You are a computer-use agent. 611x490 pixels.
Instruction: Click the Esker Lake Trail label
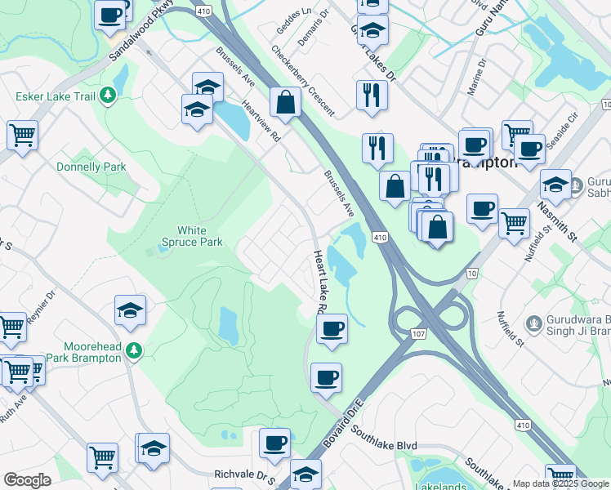[x=54, y=97]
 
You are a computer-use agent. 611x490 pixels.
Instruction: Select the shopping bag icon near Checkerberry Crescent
[x=285, y=104]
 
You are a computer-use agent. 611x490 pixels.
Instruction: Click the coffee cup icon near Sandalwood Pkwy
[x=109, y=14]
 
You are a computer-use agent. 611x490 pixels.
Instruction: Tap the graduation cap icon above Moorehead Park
[x=131, y=311]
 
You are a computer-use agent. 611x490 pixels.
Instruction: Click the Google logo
[x=27, y=480]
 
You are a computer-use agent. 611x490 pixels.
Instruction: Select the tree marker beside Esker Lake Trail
[x=108, y=97]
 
